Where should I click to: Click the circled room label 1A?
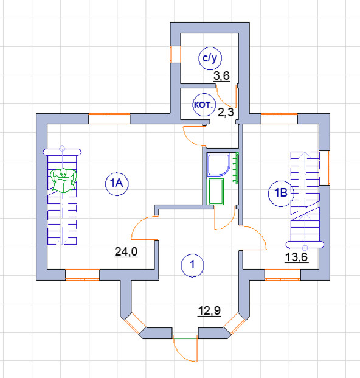[117, 184]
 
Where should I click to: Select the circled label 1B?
[281, 194]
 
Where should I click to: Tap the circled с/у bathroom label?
[210, 58]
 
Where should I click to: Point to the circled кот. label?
[204, 105]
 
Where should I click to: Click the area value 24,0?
[126, 251]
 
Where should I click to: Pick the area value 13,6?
[296, 257]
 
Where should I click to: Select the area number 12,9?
[209, 311]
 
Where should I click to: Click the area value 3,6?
[221, 76]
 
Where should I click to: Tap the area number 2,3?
[226, 113]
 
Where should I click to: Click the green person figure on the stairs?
[63, 180]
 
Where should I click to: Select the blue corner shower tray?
[218, 164]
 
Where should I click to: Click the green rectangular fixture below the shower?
[215, 192]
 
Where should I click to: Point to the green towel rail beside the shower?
[236, 168]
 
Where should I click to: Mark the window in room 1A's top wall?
[109, 119]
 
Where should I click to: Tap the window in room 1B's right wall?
[324, 168]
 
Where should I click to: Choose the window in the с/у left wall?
[175, 54]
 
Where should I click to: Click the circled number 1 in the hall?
[192, 265]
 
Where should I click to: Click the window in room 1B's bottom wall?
[283, 275]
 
